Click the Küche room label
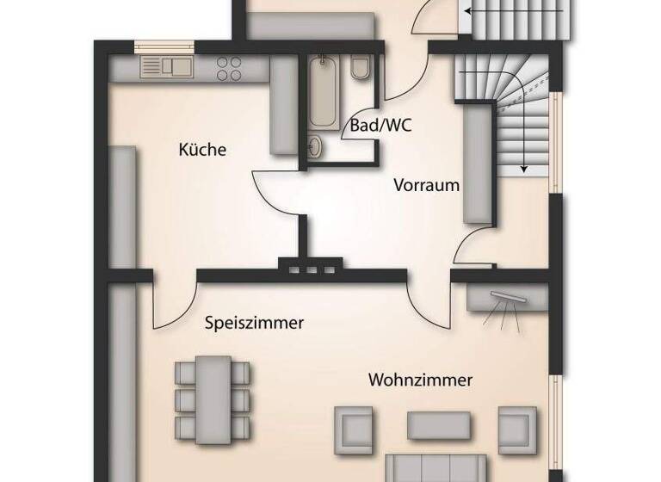click(x=202, y=151)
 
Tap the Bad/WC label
click(x=380, y=126)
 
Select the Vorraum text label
click(x=427, y=185)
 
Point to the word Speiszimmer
click(x=255, y=324)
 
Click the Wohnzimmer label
click(x=421, y=380)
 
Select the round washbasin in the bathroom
click(x=315, y=147)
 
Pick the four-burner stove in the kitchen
click(x=229, y=67)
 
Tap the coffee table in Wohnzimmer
click(x=439, y=425)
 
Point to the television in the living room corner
click(x=505, y=299)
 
